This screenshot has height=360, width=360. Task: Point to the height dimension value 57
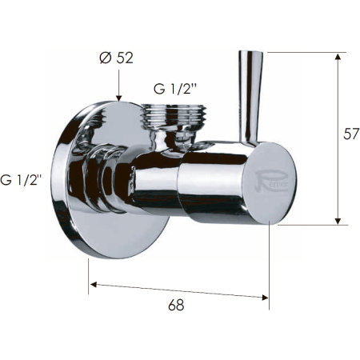pos(350,134)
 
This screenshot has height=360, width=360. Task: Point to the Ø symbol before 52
pos(106,58)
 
